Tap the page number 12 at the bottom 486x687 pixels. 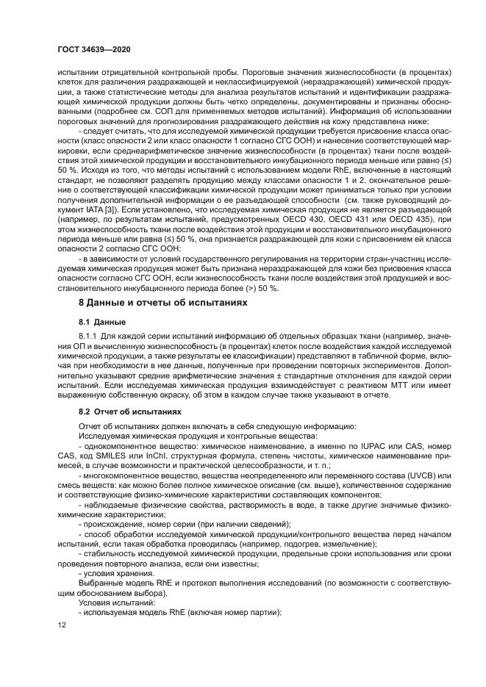(x=62, y=625)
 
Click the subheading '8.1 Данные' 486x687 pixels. (x=102, y=322)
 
